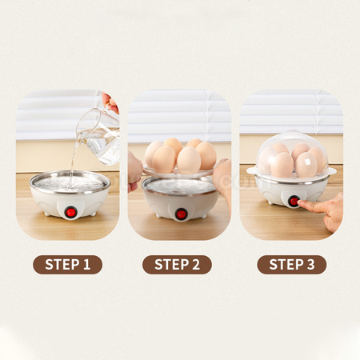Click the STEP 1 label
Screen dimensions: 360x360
67,265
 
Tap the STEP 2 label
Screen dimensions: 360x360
177,265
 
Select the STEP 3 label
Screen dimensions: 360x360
292,265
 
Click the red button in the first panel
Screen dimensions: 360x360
71,212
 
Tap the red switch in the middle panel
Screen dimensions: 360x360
181,214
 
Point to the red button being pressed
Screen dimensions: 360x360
294,202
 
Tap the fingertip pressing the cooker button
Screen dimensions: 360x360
302,204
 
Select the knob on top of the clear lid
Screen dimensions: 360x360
292,132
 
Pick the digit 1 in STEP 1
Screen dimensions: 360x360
86,265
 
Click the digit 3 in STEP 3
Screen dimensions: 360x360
311,265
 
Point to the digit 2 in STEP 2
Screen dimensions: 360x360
195,265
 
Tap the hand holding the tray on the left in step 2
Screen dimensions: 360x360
134,170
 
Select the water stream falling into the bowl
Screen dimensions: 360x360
73,162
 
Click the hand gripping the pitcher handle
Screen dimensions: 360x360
111,102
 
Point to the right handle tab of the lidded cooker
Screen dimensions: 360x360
332,170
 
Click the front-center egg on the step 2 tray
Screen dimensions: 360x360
189,160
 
